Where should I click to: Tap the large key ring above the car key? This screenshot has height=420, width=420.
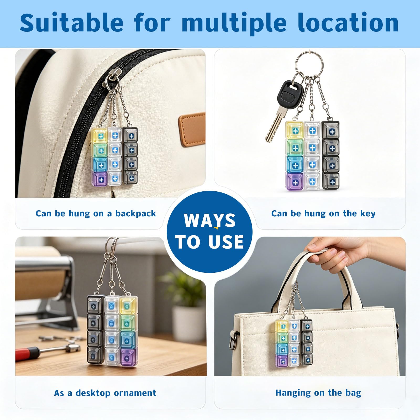[x=309, y=65]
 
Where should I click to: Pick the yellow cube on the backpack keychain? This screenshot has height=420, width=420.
[x=99, y=135]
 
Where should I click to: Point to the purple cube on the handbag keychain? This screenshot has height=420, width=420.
[x=282, y=361]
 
